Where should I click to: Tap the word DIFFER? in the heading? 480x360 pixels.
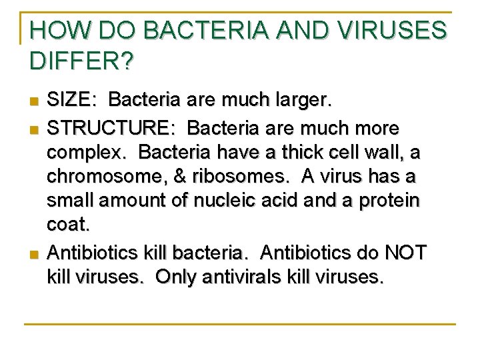point(81,61)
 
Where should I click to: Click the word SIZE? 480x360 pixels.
point(71,101)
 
